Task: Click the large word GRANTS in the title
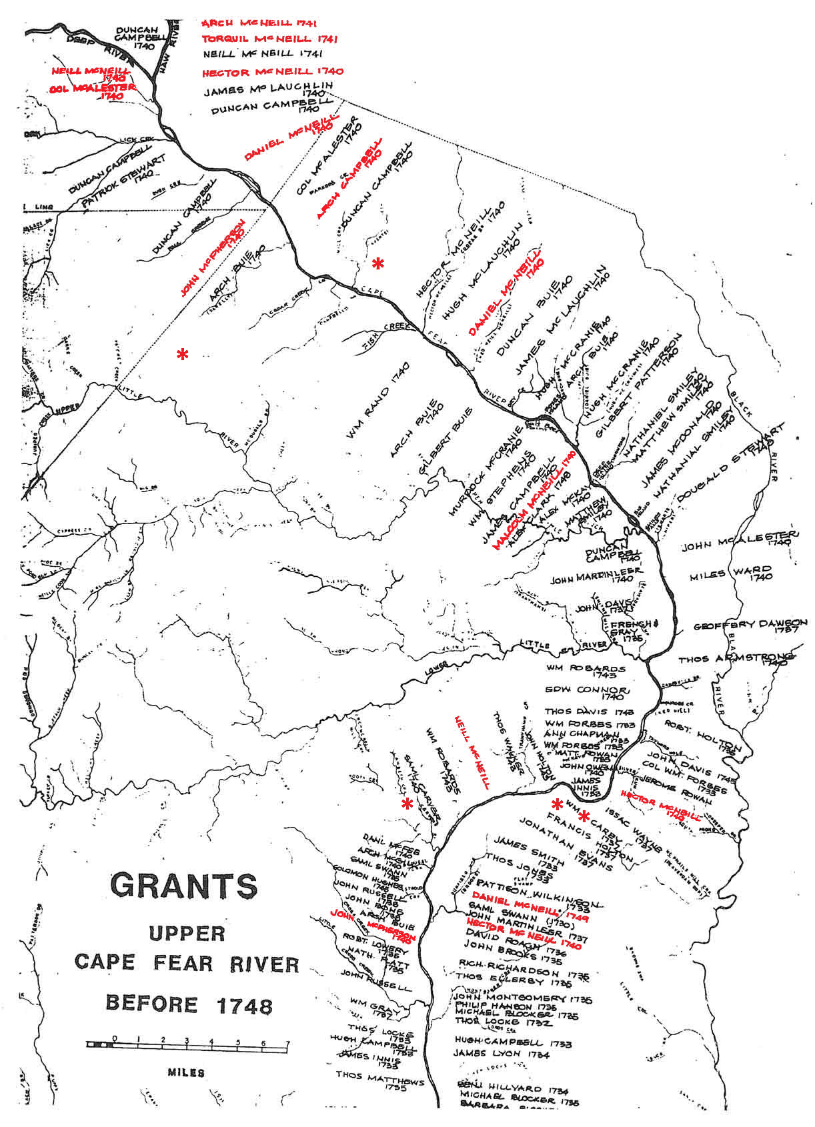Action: point(183,885)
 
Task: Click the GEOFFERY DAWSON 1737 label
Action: point(750,626)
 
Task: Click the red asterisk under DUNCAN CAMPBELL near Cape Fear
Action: point(377,263)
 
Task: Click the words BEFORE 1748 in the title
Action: point(189,1004)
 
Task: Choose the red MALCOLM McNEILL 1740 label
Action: point(534,500)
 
